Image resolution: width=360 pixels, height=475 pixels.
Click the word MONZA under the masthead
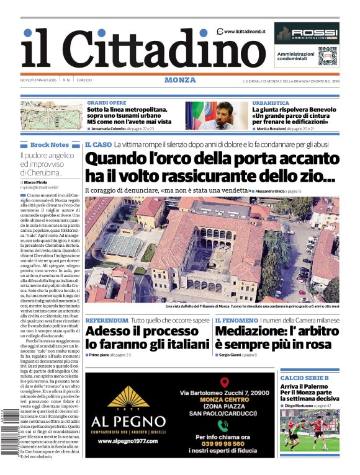pyautogui.click(x=180, y=80)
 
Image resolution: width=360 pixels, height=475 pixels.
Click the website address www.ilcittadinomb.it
pyautogui.click(x=245, y=31)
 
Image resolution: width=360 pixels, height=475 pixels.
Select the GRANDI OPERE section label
pyautogui.click(x=106, y=103)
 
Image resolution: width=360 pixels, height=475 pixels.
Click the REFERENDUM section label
pyautogui.click(x=107, y=321)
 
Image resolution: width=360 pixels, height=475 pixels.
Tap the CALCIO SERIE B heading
pyautogui.click(x=304, y=378)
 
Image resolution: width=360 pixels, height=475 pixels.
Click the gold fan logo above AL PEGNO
pyautogui.click(x=128, y=396)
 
